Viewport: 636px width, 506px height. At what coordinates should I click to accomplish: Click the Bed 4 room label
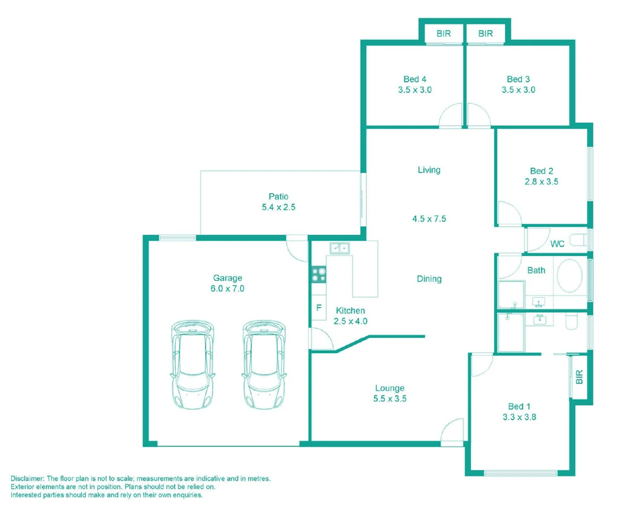pos(415,79)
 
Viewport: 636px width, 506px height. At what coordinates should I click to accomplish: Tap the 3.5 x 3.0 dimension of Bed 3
pos(518,90)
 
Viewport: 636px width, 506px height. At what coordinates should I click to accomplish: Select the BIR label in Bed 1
pos(580,377)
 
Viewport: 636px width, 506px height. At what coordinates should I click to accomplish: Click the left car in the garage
pos(193,365)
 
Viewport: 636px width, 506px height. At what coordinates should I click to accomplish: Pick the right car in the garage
pos(264,365)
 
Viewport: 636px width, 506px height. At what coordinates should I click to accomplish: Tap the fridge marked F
pos(319,307)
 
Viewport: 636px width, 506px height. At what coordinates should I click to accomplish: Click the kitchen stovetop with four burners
pos(319,275)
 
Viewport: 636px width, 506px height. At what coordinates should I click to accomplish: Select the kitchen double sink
pos(340,248)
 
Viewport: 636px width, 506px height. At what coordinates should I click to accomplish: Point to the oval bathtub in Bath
pos(569,275)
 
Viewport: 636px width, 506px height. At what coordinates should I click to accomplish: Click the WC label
pos(557,244)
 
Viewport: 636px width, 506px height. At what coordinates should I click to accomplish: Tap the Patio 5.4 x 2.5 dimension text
pos(278,207)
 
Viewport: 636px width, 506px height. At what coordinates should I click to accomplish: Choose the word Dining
pos(429,279)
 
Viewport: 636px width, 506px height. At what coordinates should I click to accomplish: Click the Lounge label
pos(390,388)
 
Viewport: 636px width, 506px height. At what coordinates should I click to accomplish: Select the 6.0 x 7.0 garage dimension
pos(227,289)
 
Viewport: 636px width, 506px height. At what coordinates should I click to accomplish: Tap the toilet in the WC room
pos(579,240)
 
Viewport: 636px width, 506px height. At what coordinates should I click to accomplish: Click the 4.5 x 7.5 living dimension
pos(429,219)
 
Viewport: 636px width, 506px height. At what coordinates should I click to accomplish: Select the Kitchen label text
pos(351,311)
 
